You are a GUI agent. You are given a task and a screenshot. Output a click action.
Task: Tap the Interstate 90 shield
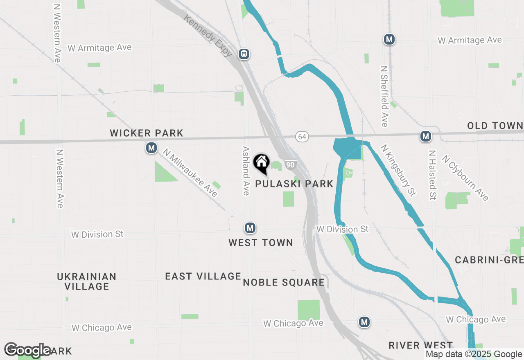290,164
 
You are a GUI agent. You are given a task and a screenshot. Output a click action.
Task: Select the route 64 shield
302,136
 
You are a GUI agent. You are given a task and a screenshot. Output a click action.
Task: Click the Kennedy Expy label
208,36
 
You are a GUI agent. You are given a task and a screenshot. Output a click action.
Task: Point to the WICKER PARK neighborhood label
147,133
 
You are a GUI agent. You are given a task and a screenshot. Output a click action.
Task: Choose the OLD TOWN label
495,126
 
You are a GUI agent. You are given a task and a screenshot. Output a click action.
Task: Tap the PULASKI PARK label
294,184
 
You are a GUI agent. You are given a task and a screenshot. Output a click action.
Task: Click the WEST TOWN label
261,243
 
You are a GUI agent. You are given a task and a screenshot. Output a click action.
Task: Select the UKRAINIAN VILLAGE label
87,281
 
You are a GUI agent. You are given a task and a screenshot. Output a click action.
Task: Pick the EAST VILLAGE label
203,276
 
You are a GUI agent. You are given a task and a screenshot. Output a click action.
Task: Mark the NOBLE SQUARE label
284,282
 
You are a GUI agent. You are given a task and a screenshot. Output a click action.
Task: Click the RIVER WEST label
421,345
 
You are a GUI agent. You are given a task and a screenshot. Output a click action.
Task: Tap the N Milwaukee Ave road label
190,172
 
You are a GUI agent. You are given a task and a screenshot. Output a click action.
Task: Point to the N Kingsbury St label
398,170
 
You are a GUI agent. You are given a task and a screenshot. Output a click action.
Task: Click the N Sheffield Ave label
384,96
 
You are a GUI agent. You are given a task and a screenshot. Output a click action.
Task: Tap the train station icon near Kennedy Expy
244,54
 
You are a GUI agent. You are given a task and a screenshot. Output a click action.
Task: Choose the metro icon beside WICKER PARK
151,148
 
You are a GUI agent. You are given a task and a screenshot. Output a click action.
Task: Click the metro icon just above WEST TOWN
250,227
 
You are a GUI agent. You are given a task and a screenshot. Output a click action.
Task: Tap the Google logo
28,350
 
